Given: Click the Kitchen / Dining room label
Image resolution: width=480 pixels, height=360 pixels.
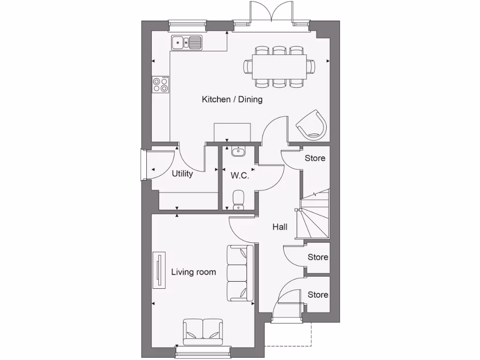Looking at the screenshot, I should coord(232,99).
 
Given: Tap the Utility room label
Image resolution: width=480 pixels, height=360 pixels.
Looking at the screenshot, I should coord(182,174).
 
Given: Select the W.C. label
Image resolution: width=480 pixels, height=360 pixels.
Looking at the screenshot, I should coord(240,176).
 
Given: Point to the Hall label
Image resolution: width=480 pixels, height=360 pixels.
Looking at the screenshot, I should coord(280,227).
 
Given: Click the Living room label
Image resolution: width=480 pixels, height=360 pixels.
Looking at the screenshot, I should coord(193,272).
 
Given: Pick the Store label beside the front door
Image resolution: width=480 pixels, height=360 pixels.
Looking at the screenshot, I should coord(318,295).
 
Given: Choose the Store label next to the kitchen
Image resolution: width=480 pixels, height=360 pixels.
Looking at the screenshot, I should coord(315,158).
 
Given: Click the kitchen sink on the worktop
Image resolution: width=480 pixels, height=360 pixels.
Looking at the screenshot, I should coord(187,43).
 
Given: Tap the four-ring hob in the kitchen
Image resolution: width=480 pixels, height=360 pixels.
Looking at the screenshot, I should coord(160,84).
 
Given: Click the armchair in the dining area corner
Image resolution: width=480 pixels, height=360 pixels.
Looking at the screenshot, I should coord(311,124).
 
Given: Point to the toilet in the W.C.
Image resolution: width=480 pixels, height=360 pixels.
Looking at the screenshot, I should coord(238,199).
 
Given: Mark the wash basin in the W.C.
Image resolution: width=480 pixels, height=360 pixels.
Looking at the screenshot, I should coord(238,151).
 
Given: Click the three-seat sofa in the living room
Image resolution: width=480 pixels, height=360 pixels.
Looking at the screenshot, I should coord(240,273).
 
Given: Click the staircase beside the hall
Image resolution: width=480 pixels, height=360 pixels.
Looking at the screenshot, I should coord(315,216).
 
